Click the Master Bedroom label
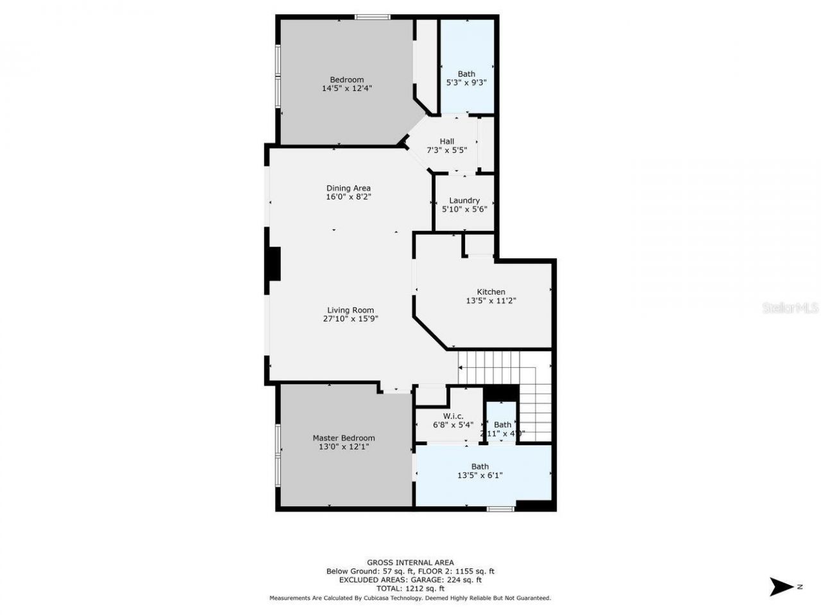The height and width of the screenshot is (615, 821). tap(344, 438)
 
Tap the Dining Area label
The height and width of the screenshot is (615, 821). tap(348, 188)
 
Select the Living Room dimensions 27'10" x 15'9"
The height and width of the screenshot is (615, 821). tap(350, 319)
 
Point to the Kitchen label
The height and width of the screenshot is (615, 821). tap(491, 292)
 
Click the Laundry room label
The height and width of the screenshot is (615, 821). tap(464, 201)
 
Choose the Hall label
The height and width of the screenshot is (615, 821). tap(447, 142)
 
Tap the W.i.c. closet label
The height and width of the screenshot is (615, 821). tap(453, 416)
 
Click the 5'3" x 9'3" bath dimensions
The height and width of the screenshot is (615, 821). tap(466, 83)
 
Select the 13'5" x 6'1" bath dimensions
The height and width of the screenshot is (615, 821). tap(480, 475)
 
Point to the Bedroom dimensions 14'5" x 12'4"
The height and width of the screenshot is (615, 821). tap(347, 88)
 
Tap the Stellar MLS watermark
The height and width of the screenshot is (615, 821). tap(790, 308)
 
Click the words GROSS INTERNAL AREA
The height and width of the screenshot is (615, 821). tap(410, 562)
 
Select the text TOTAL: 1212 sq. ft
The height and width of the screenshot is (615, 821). tap(410, 589)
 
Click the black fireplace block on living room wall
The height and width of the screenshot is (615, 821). tap(274, 264)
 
